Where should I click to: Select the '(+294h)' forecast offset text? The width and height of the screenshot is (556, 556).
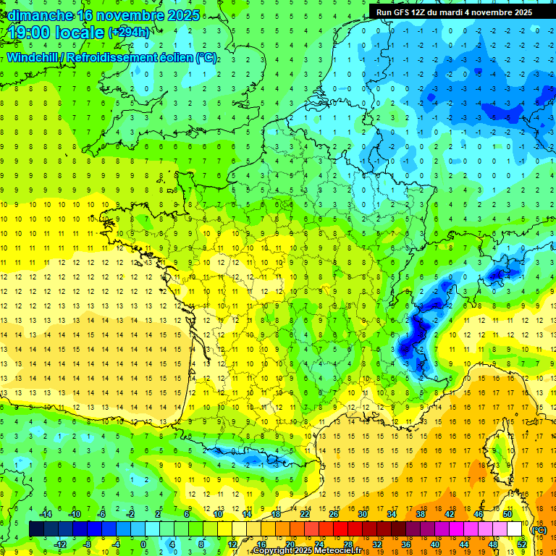[x=130, y=33]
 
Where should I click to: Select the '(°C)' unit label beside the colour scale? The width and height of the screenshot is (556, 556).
[x=539, y=529]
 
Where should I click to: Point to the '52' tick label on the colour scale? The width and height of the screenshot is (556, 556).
[x=522, y=544]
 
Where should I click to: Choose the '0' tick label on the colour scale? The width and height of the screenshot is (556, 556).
[x=143, y=544]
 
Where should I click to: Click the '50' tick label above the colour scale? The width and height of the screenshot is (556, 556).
[x=507, y=513]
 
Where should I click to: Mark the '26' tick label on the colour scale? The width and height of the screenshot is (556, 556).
[x=334, y=513]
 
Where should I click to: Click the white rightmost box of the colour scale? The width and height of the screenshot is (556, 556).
[x=515, y=529]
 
